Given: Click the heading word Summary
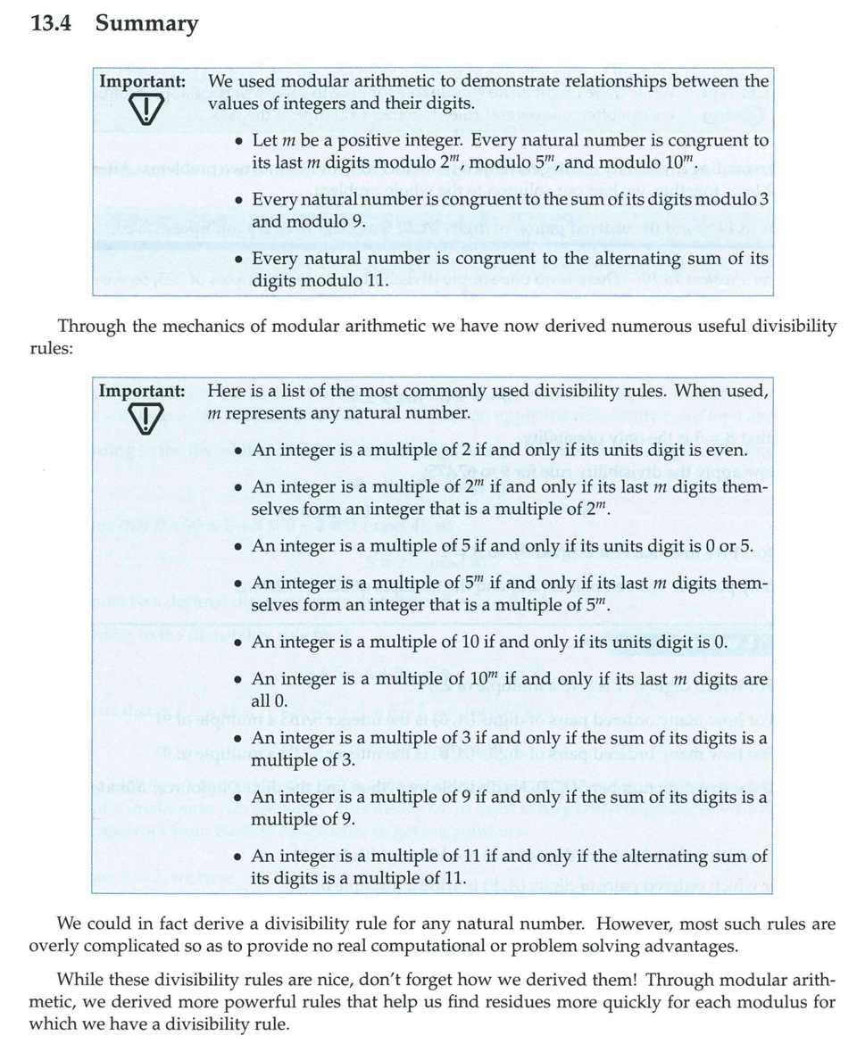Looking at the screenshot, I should coord(147,24).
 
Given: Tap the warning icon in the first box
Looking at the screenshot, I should coord(142,110).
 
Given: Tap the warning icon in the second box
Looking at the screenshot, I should coord(142,418).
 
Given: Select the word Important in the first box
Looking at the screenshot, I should coord(142,81).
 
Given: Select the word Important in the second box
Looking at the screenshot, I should coord(142,390).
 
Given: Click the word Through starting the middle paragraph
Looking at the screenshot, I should coord(89,327).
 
